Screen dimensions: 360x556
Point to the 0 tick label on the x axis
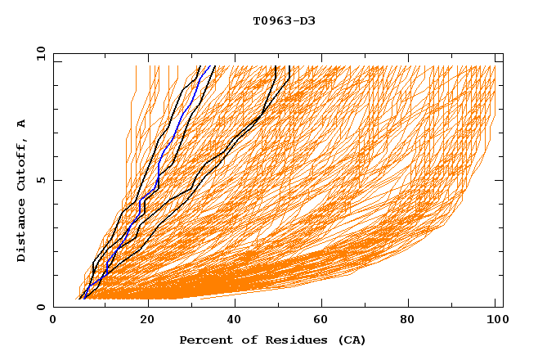click(x=53, y=322)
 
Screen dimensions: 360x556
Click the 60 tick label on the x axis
click(x=325, y=322)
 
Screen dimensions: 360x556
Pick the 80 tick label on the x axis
click(x=414, y=322)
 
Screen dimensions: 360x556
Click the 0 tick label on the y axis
click(x=40, y=307)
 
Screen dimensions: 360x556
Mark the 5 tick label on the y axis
click(x=40, y=180)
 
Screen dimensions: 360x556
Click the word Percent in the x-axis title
click(x=204, y=340)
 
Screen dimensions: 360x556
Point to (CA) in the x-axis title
click(x=352, y=340)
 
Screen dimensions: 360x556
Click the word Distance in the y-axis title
click(x=22, y=233)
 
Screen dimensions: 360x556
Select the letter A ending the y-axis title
click(x=22, y=124)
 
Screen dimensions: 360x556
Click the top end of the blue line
click(x=208, y=66)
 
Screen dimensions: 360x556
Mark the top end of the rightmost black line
click(x=289, y=66)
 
